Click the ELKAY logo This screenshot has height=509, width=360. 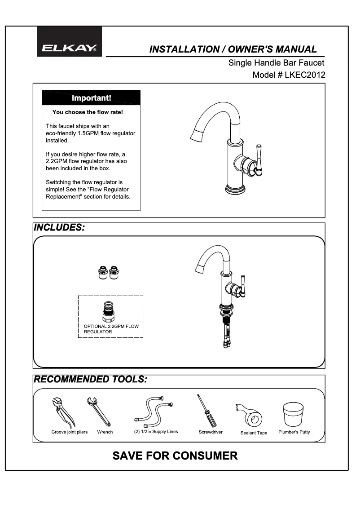(69, 48)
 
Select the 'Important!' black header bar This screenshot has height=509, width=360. (91, 97)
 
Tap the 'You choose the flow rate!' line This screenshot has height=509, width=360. (88, 112)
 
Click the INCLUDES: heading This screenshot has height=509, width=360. (60, 227)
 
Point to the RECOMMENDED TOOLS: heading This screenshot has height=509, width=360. (91, 380)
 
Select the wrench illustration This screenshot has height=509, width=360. (99, 411)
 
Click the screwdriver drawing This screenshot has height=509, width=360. (206, 411)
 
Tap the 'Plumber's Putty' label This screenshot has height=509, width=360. (294, 432)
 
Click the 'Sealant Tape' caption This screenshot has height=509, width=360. (254, 433)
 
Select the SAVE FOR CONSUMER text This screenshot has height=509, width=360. (175, 456)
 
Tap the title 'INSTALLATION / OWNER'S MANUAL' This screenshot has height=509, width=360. (233, 49)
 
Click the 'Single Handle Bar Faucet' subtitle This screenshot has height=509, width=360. (276, 63)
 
